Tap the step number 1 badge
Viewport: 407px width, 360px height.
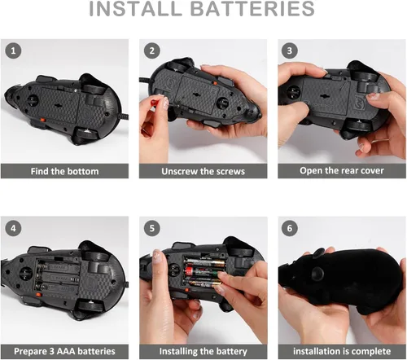pyautogui.click(x=14, y=50)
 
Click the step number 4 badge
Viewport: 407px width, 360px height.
pyautogui.click(x=14, y=226)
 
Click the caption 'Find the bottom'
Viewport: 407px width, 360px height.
pyautogui.click(x=64, y=171)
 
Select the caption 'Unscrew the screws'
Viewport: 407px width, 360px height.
pyautogui.click(x=203, y=171)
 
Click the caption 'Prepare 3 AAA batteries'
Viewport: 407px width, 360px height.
pyautogui.click(x=64, y=351)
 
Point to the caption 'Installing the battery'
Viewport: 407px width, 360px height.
pyautogui.click(x=203, y=351)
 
